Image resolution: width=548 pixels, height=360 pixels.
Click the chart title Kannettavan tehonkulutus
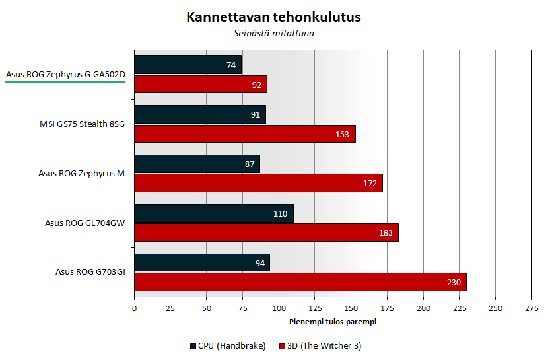[273, 17]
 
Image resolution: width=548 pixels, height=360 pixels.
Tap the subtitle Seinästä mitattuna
[273, 33]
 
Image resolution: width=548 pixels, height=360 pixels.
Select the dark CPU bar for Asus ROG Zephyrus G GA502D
[188, 65]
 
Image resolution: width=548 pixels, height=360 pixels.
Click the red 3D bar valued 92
[200, 84]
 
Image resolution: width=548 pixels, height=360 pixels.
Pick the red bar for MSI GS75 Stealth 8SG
[244, 133]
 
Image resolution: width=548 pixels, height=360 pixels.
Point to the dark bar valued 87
[197, 164]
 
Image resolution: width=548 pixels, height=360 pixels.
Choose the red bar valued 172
[258, 183]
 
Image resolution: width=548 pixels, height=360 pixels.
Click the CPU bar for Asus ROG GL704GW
[213, 213]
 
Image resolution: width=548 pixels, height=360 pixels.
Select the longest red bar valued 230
[300, 282]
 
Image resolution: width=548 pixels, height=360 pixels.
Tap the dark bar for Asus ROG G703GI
[201, 263]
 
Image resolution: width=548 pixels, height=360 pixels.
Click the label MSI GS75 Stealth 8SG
[82, 124]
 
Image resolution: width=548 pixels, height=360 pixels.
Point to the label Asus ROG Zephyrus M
[81, 173]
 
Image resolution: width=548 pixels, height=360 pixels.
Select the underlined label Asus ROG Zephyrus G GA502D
[65, 75]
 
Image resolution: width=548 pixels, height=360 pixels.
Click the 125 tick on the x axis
[315, 308]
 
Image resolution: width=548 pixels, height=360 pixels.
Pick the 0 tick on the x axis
[134, 308]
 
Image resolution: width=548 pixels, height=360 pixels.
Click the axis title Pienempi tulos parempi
[333, 322]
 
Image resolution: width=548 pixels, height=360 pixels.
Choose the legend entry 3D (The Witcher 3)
[320, 345]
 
